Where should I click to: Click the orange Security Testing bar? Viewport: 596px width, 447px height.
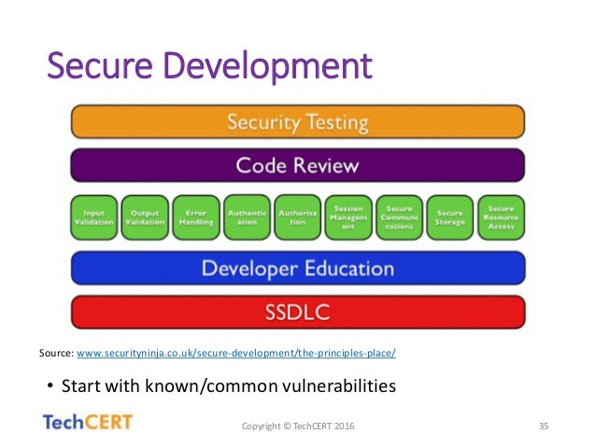pyautogui.click(x=297, y=122)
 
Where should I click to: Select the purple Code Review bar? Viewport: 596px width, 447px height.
pyautogui.click(x=297, y=166)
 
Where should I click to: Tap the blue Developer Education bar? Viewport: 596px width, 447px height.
pyautogui.click(x=297, y=269)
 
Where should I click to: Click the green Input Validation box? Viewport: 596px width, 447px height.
pyautogui.click(x=94, y=217)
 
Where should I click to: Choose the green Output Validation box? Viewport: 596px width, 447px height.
pyautogui.click(x=146, y=217)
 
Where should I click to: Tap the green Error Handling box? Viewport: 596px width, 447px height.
pyautogui.click(x=196, y=217)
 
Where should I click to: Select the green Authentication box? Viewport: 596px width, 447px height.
pyautogui.click(x=247, y=217)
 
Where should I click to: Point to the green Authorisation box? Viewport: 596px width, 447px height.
pyautogui.click(x=298, y=217)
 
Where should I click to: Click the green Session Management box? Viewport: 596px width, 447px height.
pyautogui.click(x=348, y=217)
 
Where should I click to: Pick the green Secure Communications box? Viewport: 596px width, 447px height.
pyautogui.click(x=399, y=217)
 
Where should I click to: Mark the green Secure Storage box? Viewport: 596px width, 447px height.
pyautogui.click(x=449, y=217)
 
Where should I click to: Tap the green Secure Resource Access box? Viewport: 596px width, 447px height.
pyautogui.click(x=501, y=217)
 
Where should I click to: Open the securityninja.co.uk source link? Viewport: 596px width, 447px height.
pyautogui.click(x=235, y=354)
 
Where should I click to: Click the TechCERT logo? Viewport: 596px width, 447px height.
pyautogui.click(x=89, y=422)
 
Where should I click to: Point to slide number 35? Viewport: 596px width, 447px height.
pyautogui.click(x=543, y=426)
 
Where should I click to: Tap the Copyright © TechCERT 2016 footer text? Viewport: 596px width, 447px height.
pyautogui.click(x=298, y=426)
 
